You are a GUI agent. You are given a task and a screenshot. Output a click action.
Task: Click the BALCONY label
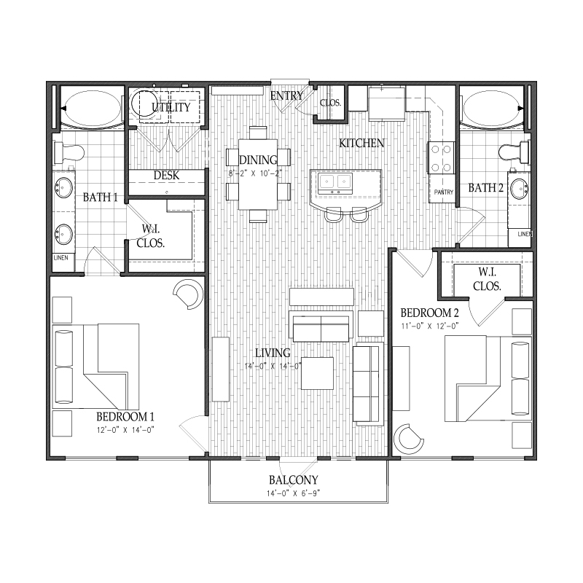[x=294, y=480]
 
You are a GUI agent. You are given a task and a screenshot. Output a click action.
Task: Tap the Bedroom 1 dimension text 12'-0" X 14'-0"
[x=125, y=430]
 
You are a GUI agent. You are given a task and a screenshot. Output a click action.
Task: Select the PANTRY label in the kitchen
[x=444, y=192]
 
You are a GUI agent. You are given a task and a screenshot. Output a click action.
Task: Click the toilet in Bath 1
[x=69, y=152]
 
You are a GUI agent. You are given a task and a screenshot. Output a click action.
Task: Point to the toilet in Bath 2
[x=514, y=152]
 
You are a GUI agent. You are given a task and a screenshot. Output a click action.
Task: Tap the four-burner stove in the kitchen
[x=442, y=157]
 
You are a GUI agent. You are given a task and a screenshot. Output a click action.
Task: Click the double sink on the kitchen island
[x=335, y=182]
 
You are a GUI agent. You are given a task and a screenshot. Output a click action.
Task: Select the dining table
[x=258, y=174]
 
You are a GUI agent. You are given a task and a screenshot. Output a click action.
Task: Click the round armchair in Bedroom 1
[x=189, y=294]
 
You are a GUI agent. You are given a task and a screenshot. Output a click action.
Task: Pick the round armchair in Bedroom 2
[x=408, y=439]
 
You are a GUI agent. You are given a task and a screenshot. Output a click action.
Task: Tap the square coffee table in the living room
[x=317, y=373]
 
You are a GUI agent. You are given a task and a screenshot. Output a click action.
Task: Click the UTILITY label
[x=171, y=107]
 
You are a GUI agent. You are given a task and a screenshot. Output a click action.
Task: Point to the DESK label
[x=166, y=175]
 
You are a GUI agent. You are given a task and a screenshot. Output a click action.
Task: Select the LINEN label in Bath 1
[x=61, y=258]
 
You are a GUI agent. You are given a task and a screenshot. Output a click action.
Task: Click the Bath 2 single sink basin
[x=519, y=189]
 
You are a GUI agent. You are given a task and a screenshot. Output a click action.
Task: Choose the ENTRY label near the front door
[x=286, y=96]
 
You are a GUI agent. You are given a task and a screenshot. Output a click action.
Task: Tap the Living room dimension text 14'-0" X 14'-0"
[x=273, y=367]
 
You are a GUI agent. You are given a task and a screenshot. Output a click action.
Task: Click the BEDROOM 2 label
[x=429, y=313]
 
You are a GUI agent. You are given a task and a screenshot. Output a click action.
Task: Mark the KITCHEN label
[x=361, y=143]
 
